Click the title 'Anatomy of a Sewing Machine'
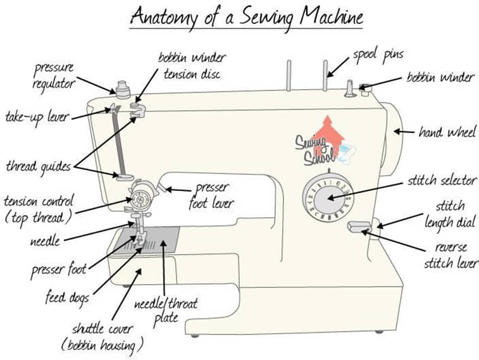(x=246, y=15)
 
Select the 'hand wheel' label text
(x=447, y=132)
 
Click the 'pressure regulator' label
(x=54, y=76)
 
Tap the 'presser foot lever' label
(x=211, y=195)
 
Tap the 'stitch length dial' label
(x=451, y=214)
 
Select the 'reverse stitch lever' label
(x=450, y=255)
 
